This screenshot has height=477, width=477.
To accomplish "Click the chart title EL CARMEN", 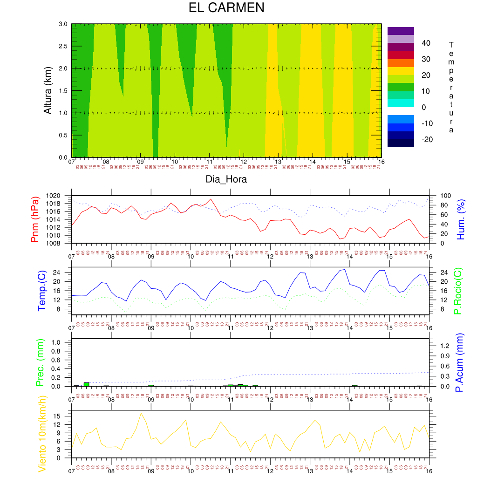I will [226, 8].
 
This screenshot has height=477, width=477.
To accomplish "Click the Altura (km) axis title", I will [48, 90].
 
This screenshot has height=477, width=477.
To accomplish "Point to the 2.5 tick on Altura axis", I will [62, 46].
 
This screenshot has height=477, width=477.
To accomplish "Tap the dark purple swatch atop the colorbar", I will [401, 31].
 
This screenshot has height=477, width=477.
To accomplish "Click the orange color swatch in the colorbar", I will [401, 63].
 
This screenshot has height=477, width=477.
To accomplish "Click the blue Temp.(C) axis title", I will [41, 290].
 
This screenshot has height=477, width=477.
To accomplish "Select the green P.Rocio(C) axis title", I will [458, 290].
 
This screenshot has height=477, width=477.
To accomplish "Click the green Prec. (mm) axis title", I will [41, 362].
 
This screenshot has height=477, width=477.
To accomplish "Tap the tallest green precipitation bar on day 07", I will [86, 384].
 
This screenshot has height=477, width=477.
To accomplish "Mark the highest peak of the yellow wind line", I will [141, 413].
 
